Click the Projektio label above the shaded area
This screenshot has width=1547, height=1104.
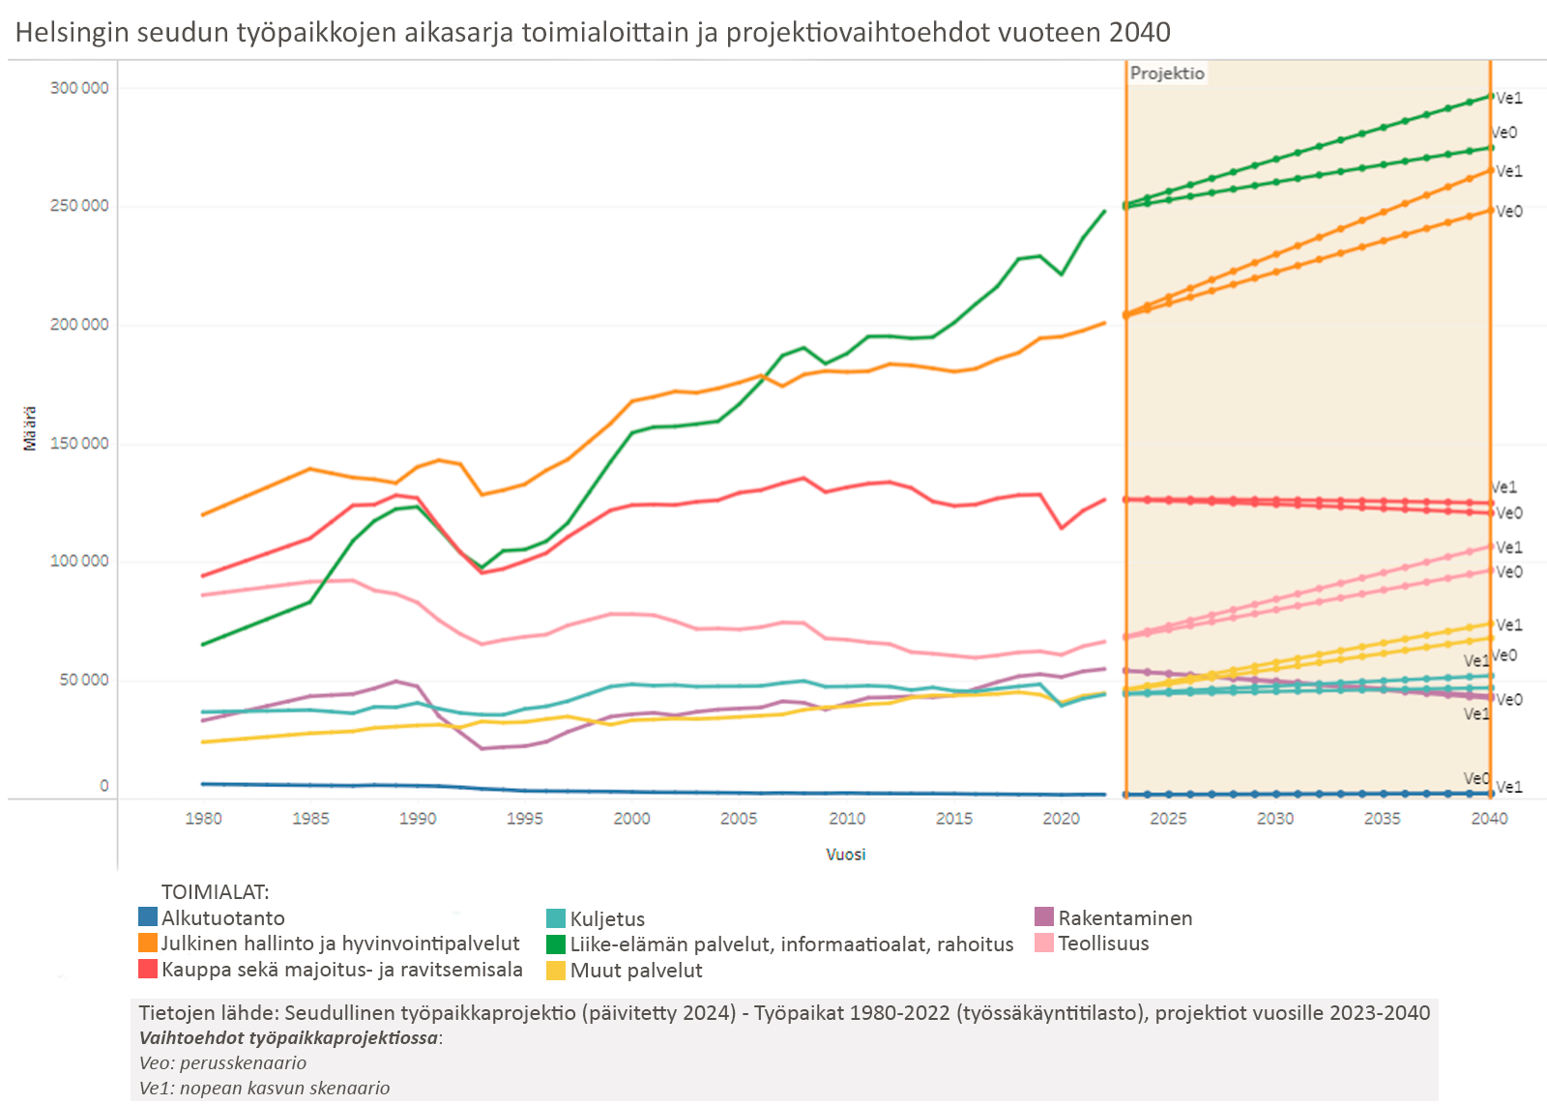click(x=1167, y=73)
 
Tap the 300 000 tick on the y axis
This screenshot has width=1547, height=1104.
click(x=79, y=88)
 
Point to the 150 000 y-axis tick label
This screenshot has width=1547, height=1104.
click(x=79, y=444)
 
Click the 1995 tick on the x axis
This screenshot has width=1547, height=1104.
click(x=524, y=819)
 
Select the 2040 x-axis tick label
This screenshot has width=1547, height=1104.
click(x=1489, y=819)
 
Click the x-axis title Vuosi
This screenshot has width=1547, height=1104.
click(x=845, y=855)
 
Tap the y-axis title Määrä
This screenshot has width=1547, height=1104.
click(x=30, y=428)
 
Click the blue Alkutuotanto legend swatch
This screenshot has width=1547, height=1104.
click(x=148, y=917)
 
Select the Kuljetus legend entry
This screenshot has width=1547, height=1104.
click(x=607, y=919)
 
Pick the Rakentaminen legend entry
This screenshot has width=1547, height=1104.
click(x=1124, y=918)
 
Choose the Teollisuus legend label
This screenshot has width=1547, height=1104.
click(x=1103, y=944)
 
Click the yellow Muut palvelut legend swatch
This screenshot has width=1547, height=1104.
click(x=556, y=971)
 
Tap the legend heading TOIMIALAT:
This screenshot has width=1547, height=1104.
click(x=215, y=892)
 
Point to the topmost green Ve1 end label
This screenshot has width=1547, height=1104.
click(x=1509, y=99)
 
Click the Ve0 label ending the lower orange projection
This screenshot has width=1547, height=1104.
click(x=1509, y=212)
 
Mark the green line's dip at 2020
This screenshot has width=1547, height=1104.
click(x=1061, y=275)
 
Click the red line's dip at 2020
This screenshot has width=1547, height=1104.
click(x=1061, y=528)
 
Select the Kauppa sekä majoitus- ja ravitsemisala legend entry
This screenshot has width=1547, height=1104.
click(x=341, y=970)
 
